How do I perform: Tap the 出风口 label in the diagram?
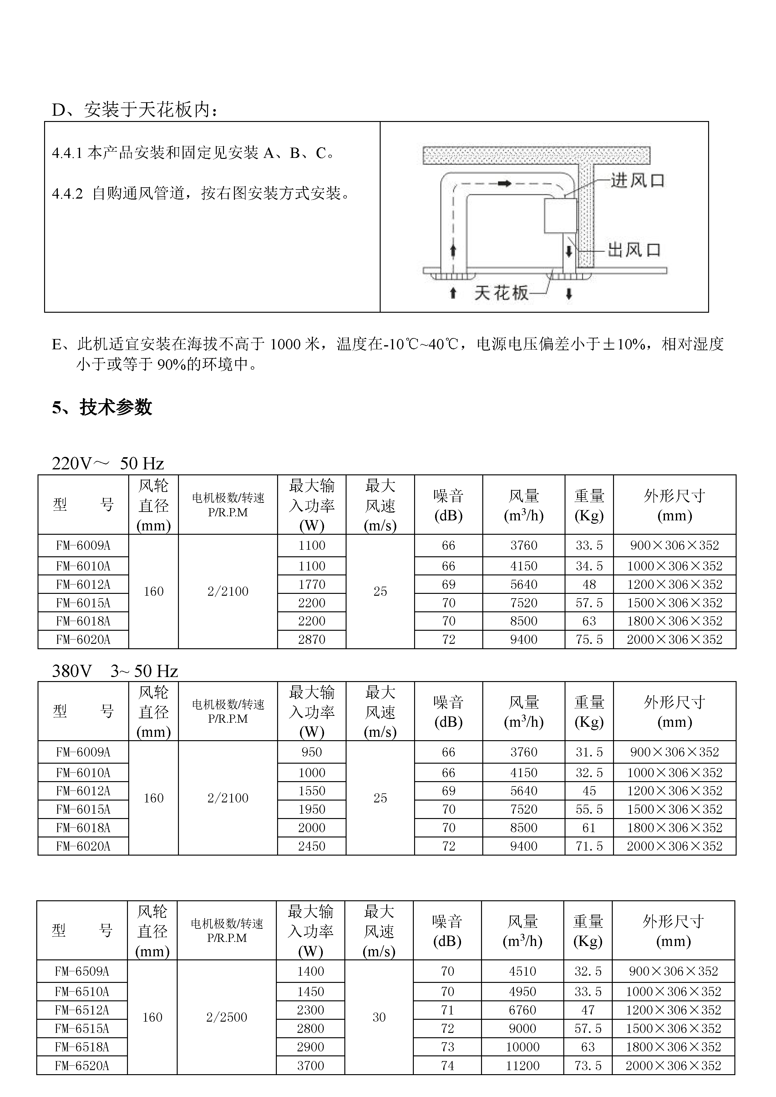tap(634, 250)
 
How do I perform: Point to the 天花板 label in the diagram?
tap(501, 293)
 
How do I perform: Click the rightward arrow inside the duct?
tap(505, 184)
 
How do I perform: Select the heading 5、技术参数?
tap(102, 407)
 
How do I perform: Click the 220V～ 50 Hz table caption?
tap(108, 463)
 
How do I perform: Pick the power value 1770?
tap(312, 584)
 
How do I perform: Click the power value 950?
tap(312, 752)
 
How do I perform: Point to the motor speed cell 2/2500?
tap(226, 1017)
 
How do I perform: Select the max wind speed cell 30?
tap(379, 1017)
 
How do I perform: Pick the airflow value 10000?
tap(522, 1047)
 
